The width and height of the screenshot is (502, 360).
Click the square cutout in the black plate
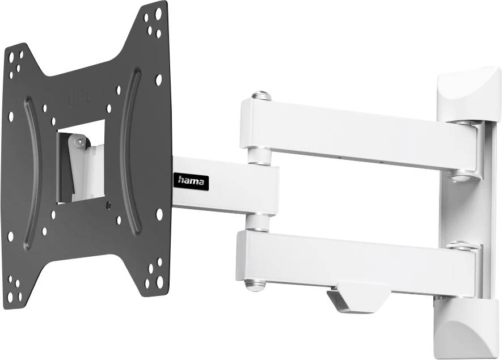(x=81, y=161)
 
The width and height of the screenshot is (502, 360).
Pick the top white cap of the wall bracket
(x=467, y=91)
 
